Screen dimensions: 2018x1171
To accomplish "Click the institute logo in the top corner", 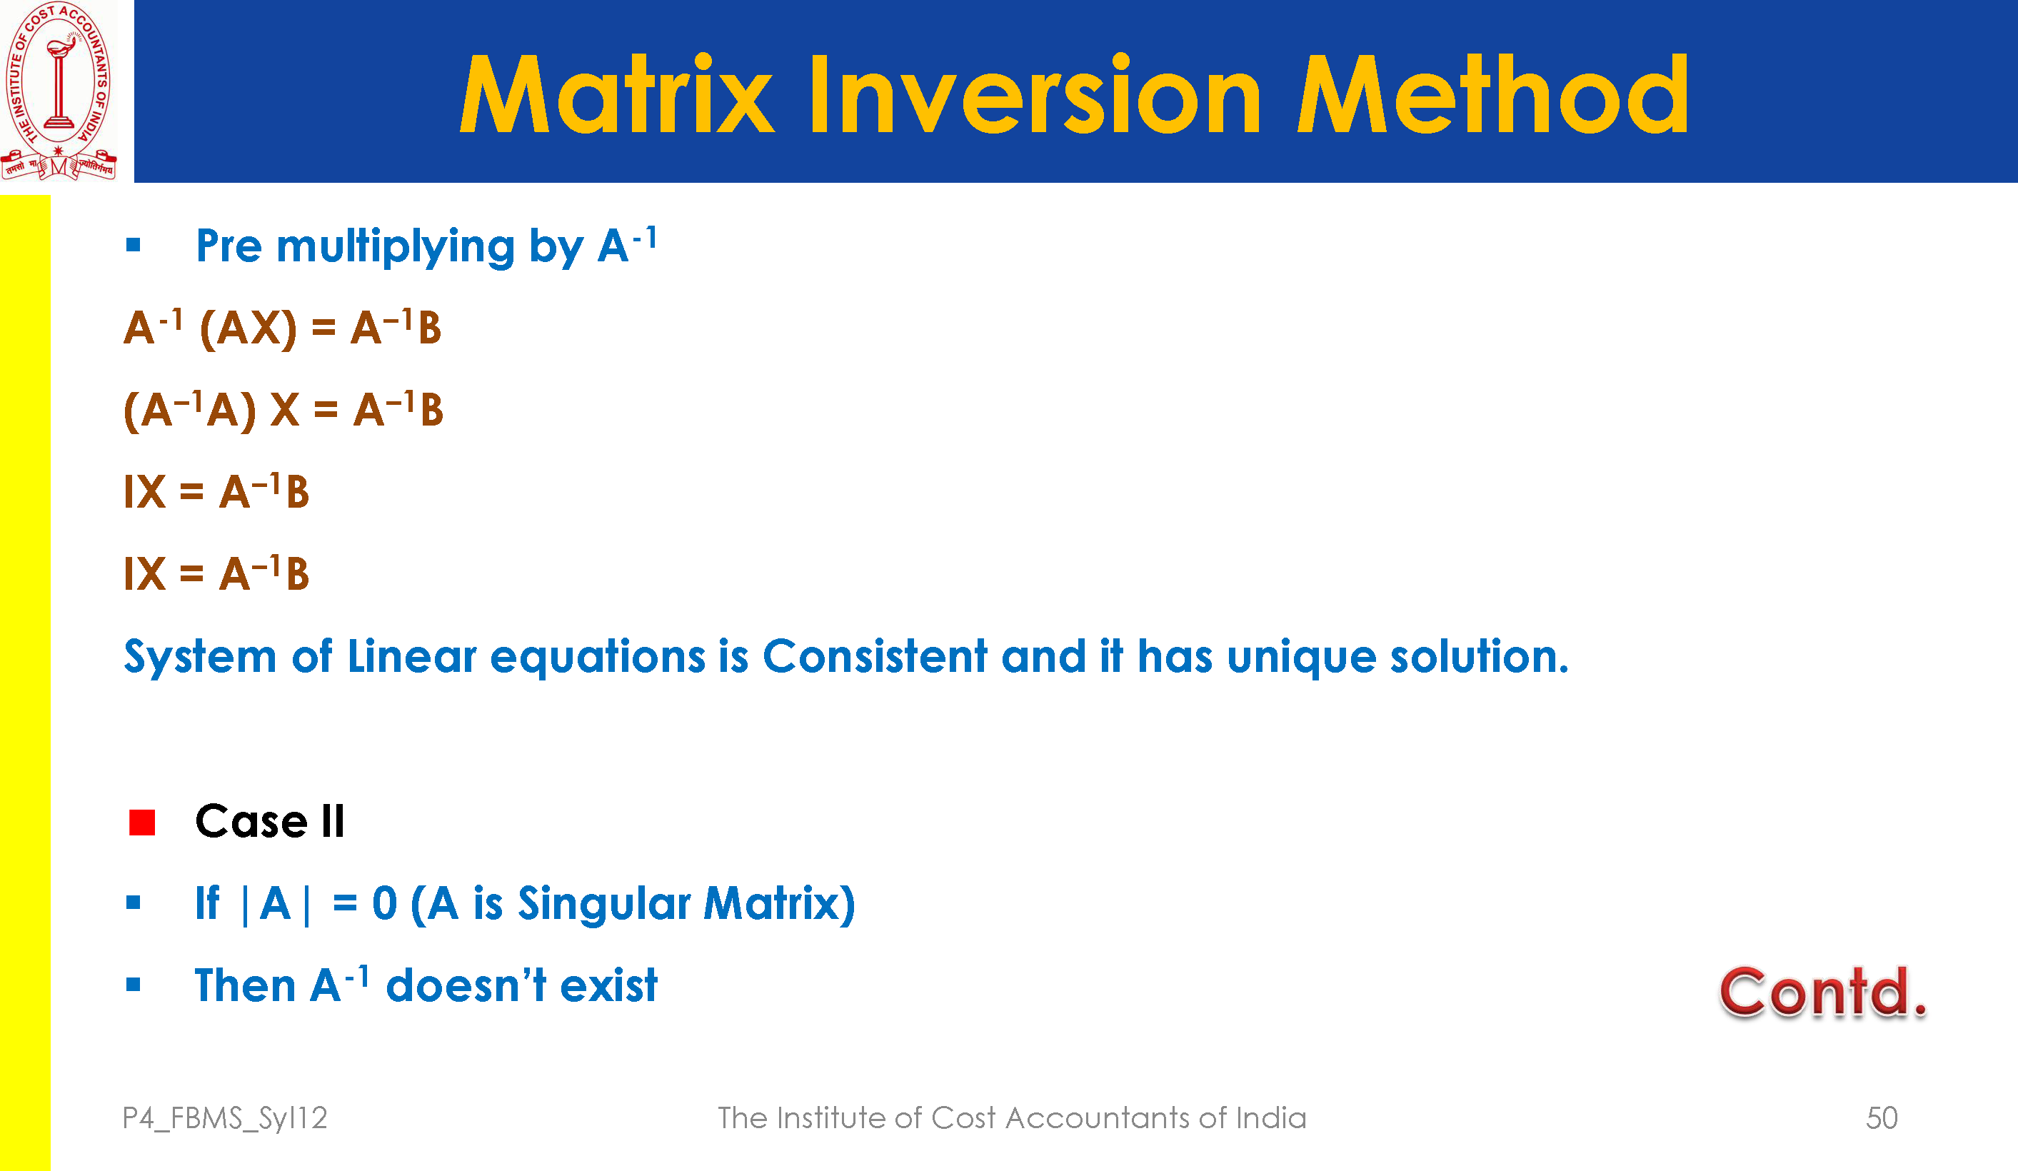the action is [x=59, y=91].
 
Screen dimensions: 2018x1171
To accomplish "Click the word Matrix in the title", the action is [x=617, y=94].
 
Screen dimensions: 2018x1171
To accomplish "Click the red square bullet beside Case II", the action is [x=141, y=823].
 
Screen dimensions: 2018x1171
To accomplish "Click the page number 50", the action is [x=1882, y=1117].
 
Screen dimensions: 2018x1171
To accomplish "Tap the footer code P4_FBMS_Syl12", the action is [x=225, y=1118].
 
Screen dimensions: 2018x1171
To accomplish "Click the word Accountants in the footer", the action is [x=1097, y=1117].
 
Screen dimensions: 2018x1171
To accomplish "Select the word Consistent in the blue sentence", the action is [x=875, y=656].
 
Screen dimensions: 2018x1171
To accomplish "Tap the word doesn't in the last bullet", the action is [x=466, y=985].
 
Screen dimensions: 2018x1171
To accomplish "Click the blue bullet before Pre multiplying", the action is [x=133, y=245].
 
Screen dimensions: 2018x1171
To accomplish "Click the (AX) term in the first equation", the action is [x=249, y=328].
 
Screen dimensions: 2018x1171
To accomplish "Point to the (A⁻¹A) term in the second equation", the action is [x=190, y=410].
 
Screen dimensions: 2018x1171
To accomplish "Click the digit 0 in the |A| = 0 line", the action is [x=385, y=903].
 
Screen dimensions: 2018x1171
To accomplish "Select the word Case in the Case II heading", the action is [x=251, y=822].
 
